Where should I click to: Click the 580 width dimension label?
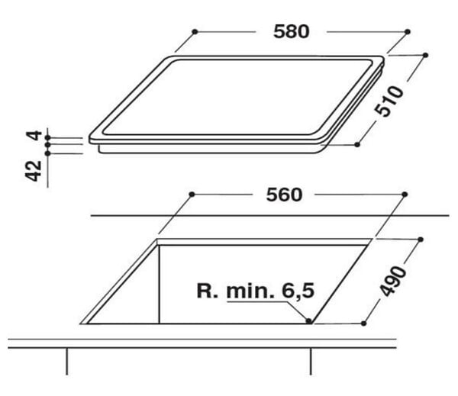pos(292,31)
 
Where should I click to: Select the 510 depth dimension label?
pos(389,101)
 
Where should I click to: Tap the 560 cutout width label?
pos(284,195)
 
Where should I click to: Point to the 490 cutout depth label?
pos(393,281)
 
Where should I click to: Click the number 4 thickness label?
pos(34,136)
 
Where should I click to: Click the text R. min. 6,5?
pos(256,291)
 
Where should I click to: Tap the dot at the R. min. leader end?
pos(308,320)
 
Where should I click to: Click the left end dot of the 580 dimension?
pos(195,31)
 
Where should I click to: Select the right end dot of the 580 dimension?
pos(408,31)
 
